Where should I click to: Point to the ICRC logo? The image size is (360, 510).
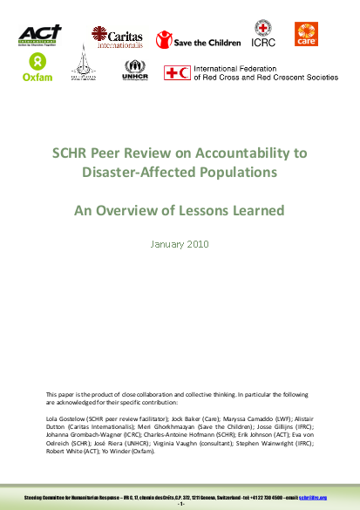tap(265, 34)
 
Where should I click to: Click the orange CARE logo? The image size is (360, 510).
tap(307, 34)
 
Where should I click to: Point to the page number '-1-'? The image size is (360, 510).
tap(180, 504)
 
